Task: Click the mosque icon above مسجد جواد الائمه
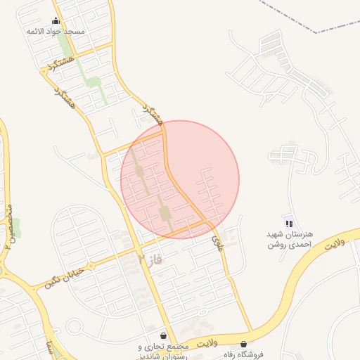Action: pyautogui.click(x=56, y=21)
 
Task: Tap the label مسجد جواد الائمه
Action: pyautogui.click(x=56, y=32)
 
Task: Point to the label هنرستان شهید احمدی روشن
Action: pyautogui.click(x=288, y=239)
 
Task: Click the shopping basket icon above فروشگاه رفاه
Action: pyautogui.click(x=244, y=345)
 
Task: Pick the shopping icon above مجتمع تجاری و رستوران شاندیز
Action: pyautogui.click(x=164, y=336)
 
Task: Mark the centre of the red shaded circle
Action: pyautogui.click(x=180, y=179)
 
